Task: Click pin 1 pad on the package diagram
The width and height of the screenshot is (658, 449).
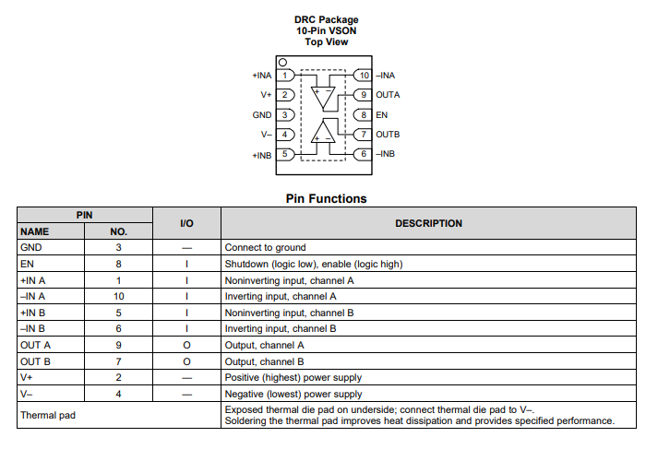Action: [287, 76]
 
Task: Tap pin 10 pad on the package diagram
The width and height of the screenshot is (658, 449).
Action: [364, 76]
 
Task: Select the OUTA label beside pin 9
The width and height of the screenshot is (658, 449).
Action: [388, 95]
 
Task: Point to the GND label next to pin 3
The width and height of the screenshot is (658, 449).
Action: [262, 115]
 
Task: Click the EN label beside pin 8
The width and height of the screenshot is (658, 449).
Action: [381, 115]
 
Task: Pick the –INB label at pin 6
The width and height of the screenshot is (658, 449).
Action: [386, 154]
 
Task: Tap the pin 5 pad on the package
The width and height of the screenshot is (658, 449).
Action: [287, 154]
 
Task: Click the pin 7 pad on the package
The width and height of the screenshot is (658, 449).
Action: [364, 135]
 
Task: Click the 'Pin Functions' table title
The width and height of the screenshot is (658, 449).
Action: [326, 198]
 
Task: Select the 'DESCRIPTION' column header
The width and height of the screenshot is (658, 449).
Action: [428, 223]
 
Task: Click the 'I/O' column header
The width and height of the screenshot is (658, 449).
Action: [186, 223]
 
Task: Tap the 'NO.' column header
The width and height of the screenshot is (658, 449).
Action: [119, 231]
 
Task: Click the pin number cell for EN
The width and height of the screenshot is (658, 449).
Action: [119, 264]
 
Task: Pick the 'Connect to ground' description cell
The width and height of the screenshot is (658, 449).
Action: [265, 247]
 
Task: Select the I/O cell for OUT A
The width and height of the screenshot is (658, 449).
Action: [186, 345]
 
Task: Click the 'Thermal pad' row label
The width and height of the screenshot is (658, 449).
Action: [48, 415]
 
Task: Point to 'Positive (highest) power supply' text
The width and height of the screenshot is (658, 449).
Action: [293, 377]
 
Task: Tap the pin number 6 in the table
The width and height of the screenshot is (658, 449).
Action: [119, 328]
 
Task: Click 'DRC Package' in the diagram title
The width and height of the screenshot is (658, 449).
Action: [326, 19]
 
